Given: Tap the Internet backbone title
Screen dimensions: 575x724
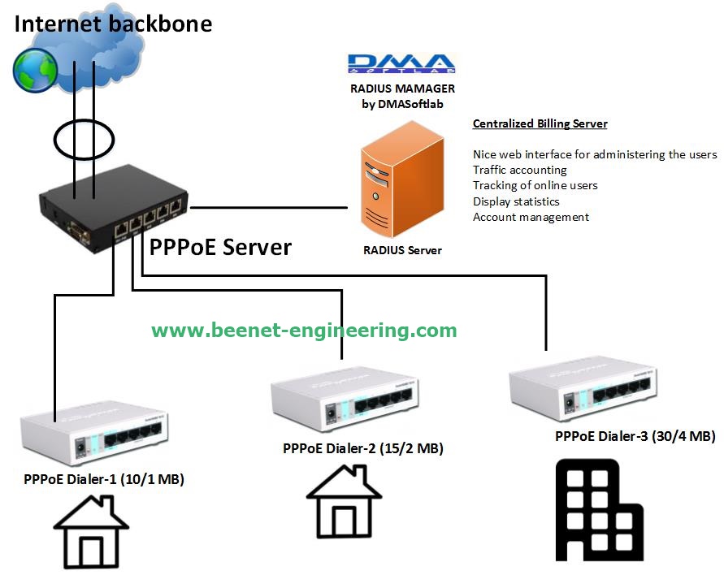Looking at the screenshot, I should coord(113,23).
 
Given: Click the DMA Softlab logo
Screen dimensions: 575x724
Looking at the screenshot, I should coord(401,64).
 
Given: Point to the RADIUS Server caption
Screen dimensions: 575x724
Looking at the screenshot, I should coord(402,250).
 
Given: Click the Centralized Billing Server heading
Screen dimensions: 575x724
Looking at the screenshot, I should coord(540,124).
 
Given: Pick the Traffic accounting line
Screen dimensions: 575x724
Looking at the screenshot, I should coord(520,170).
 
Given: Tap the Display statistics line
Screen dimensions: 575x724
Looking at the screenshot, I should coord(516,201).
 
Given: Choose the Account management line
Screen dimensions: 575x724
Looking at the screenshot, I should coord(531,217).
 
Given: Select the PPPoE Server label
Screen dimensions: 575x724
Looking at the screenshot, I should coord(220,247).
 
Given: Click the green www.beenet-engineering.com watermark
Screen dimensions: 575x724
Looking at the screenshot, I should coord(304,331).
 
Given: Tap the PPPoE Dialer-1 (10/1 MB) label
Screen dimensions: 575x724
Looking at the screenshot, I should coord(104,480).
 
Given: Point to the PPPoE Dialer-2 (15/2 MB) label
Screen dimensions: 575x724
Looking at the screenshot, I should coord(363,448).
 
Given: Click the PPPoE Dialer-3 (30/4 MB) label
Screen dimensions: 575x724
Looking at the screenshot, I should coord(635,436).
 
